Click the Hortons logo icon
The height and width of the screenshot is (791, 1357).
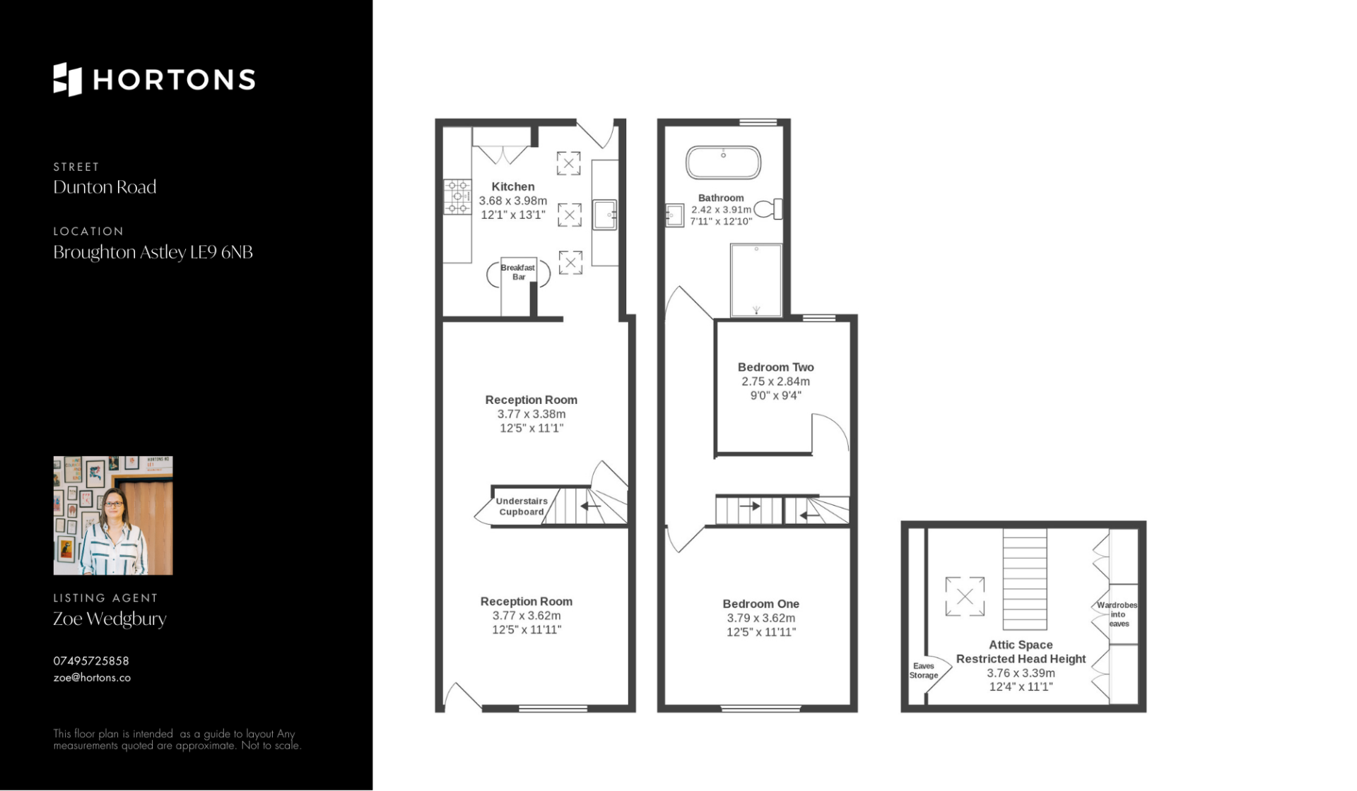click(68, 79)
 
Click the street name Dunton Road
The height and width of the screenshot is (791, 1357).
click(105, 187)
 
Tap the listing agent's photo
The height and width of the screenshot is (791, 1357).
click(113, 516)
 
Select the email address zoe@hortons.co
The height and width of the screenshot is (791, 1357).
click(92, 677)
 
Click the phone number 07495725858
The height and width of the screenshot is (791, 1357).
click(91, 661)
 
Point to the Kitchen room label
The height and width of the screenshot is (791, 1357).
click(513, 186)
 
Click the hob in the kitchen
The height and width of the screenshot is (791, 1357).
click(457, 196)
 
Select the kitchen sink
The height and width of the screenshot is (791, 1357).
click(605, 215)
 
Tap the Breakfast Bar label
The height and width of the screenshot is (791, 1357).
click(518, 272)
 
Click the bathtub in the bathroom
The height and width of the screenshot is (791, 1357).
click(723, 162)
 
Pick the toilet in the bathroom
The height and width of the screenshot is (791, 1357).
click(768, 209)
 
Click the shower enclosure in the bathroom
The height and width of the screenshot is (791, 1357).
click(756, 280)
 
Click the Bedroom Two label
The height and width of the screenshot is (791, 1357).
click(776, 367)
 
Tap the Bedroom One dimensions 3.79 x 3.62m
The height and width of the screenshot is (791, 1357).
click(761, 618)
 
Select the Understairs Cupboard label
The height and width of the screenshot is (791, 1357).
click(522, 506)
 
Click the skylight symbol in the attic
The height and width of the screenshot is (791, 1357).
click(965, 597)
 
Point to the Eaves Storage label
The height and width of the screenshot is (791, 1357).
click(924, 670)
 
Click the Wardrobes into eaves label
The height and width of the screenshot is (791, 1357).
click(1117, 614)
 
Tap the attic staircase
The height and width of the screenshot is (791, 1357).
click(1025, 579)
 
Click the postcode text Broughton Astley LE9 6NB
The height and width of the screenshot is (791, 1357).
click(153, 252)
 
